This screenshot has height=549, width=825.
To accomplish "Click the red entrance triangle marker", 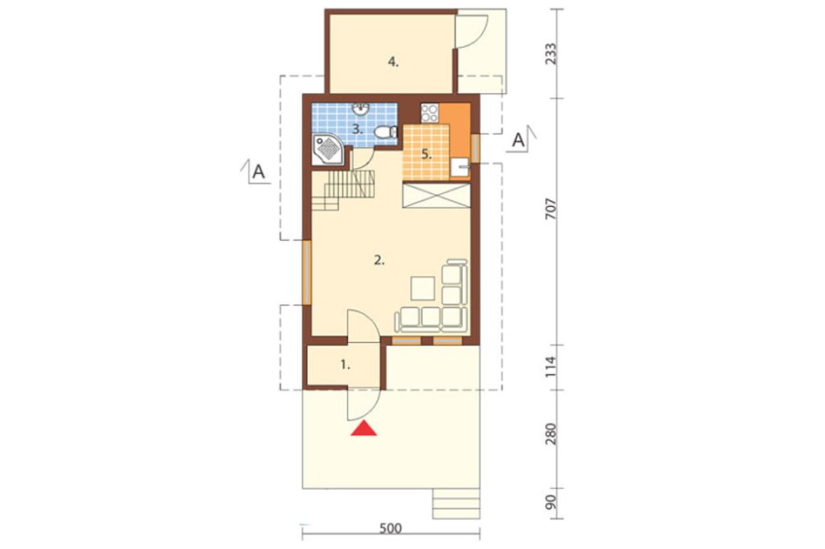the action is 364,429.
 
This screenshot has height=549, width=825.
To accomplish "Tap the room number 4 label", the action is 393,62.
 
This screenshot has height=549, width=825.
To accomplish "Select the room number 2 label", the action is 379,260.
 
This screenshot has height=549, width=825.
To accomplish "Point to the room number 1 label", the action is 345,364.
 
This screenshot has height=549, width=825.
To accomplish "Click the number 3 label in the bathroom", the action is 358,129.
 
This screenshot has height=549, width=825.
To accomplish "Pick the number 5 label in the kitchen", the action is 427,155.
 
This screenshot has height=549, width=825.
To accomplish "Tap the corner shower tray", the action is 328,150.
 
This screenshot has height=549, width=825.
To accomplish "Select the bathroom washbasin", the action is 361,109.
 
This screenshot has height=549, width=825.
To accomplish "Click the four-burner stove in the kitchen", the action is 430,113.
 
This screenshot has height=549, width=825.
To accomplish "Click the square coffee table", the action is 423,289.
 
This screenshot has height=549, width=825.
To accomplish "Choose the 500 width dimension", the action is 390,528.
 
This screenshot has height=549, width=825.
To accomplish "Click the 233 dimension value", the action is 550,54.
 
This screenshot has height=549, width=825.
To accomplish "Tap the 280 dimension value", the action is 550,434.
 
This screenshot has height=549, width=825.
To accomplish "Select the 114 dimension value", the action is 550,368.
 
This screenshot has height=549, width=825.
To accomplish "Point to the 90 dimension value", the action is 550,503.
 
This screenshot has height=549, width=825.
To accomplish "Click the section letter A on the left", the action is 258,171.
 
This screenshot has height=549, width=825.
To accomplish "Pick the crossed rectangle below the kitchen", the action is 436,195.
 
